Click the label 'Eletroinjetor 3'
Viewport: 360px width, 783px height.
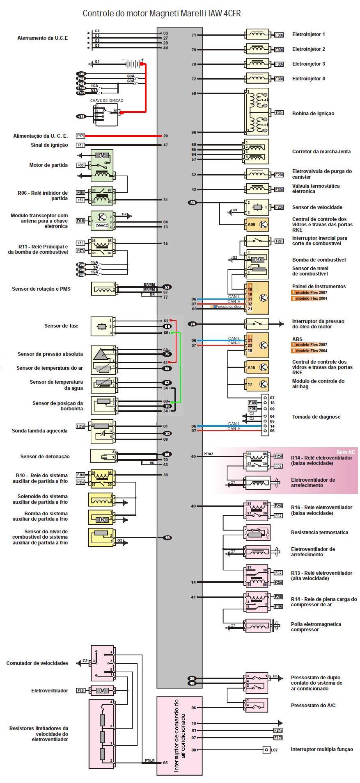tap(308, 64)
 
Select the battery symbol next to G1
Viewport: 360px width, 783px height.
tap(132, 64)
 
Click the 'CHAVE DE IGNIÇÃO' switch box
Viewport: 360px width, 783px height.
tap(106, 114)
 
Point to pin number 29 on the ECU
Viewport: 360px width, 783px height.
tap(165, 136)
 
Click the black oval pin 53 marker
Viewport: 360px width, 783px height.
tap(167, 287)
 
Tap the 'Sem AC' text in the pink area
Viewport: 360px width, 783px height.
tap(346, 452)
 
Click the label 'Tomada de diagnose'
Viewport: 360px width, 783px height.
tap(316, 417)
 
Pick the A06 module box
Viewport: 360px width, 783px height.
tap(257, 224)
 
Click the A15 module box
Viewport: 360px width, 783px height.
tap(257, 367)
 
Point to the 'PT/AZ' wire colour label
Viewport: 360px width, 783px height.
tap(209, 454)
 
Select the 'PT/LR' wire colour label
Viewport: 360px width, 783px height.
tap(149, 761)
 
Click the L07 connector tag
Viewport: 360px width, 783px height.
tap(274, 750)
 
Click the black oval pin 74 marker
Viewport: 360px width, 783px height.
tap(193, 324)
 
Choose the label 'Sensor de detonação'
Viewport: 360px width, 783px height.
tap(45, 457)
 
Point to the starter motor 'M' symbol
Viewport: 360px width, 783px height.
tap(102, 155)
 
